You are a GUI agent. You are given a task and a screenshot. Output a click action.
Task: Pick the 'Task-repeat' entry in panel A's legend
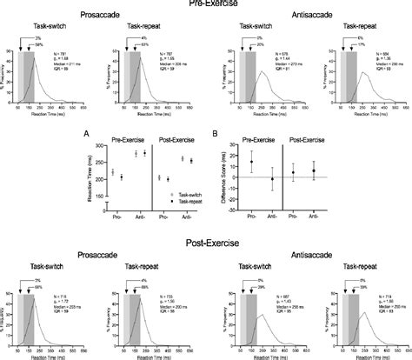180,202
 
